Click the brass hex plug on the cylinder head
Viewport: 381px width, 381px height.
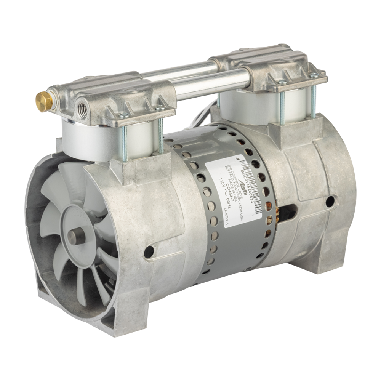tap(43, 101)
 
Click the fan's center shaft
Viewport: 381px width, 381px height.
tap(76, 236)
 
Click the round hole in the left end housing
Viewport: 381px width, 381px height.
tap(149, 251)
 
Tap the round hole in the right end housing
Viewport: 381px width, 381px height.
tap(330, 201)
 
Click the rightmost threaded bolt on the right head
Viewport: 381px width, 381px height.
tap(313, 97)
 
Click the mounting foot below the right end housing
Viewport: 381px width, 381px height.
tap(320, 263)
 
